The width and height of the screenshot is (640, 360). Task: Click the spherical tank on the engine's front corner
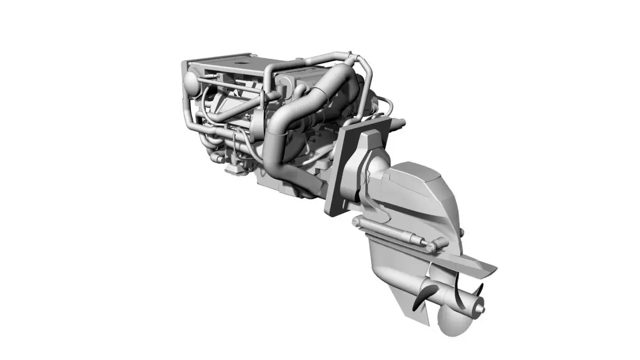pos(190,82)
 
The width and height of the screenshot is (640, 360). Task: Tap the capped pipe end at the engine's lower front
pos(217,158)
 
